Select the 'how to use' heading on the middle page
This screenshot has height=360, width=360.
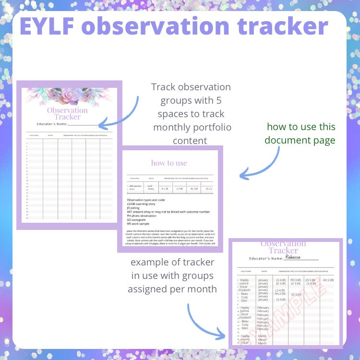point(169,163)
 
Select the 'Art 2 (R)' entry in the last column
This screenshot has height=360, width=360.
point(328,280)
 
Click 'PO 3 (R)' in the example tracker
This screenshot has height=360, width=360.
point(295,280)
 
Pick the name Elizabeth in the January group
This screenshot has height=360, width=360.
point(244,290)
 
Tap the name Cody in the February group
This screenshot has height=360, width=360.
point(245,324)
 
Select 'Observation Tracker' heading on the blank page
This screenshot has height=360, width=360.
point(67,113)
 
